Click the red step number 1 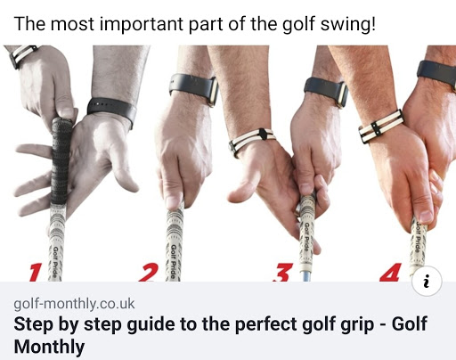click(36, 273)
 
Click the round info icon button click(427, 281)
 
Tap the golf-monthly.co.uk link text click(74, 304)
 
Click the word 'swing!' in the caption click(348, 25)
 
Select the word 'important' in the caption click(142, 25)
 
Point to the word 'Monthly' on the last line click(49, 348)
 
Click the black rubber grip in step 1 click(61, 160)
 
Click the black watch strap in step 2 click(194, 88)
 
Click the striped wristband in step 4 click(381, 126)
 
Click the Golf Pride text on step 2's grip click(173, 261)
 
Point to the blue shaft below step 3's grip click(305, 276)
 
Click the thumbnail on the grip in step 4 click(426, 217)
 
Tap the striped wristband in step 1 click(23, 54)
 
